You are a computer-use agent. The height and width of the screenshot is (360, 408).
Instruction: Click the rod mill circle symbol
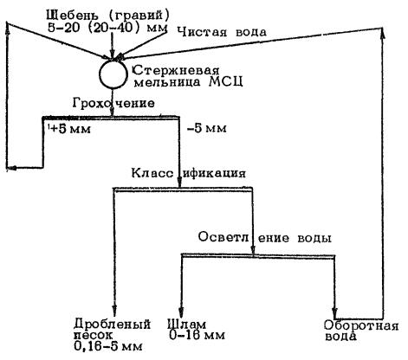pos(100,74)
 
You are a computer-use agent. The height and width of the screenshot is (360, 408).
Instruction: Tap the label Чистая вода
pos(222,32)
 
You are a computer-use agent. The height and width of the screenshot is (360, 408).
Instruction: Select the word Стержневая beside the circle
pos(176,71)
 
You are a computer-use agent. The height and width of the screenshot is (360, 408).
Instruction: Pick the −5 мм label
pos(207,128)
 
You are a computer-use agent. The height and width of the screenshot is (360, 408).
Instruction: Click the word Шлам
pos(187,325)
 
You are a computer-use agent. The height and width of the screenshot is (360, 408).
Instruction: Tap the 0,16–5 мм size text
pos(108,346)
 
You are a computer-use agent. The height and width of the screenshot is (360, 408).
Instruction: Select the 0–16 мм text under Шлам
pos(197,336)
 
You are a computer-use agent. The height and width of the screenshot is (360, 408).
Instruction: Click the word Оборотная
pos(361,326)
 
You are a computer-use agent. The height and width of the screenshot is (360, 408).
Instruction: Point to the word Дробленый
pos(112,325)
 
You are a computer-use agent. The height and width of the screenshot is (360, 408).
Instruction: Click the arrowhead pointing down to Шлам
pos(181,312)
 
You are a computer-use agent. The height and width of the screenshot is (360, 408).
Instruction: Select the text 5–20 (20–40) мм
pos(107,28)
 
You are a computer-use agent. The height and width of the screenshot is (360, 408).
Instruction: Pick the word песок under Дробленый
pos(93,336)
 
